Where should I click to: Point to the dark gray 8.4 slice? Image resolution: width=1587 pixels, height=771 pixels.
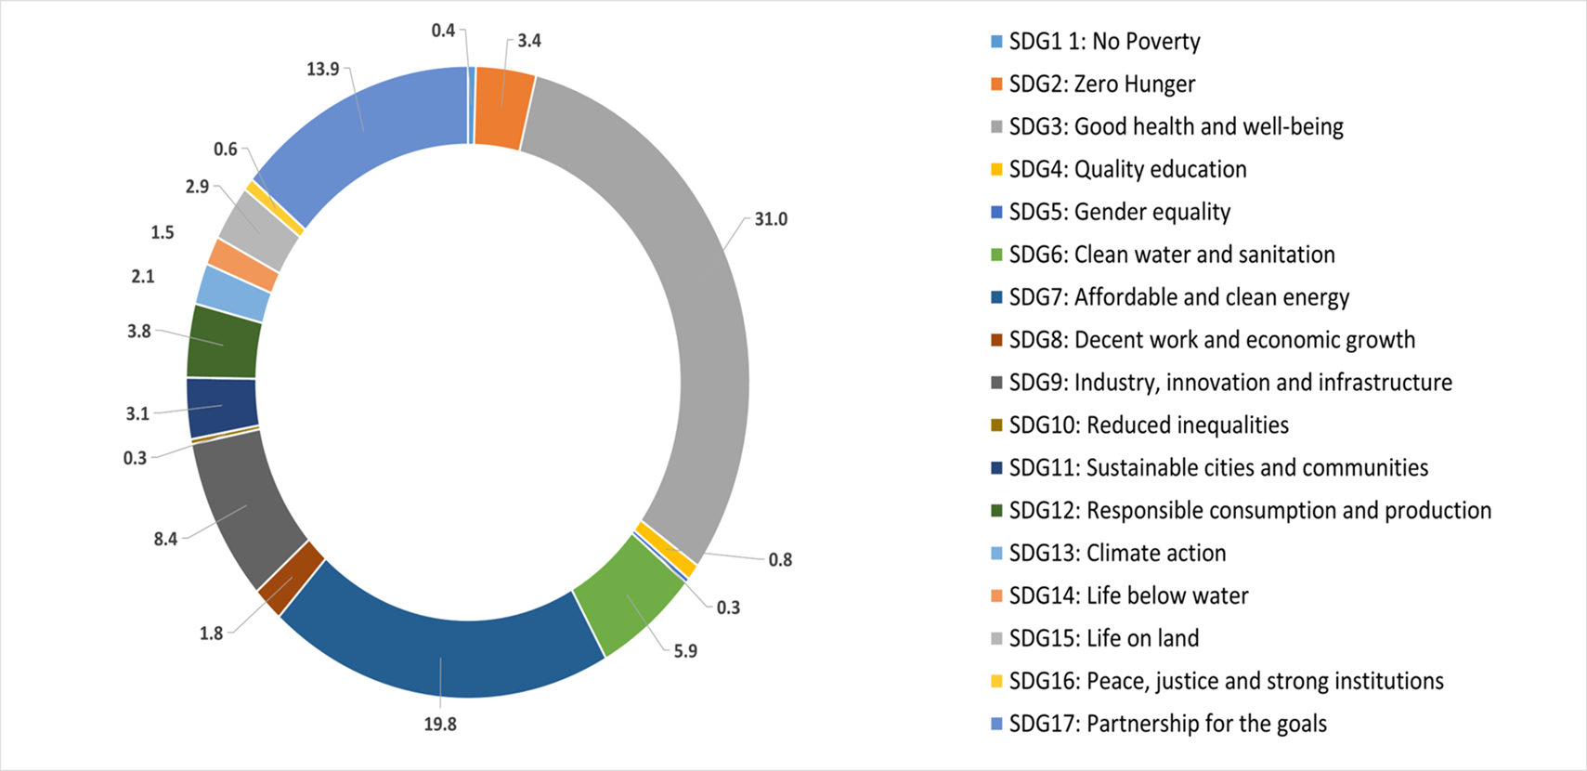246,506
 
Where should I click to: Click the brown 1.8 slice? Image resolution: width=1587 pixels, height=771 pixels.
291,579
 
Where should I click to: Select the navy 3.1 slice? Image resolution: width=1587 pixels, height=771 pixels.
221,407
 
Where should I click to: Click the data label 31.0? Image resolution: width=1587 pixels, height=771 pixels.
770,220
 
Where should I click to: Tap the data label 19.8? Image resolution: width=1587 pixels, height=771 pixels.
440,725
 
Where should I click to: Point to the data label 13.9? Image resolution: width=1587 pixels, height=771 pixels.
322,70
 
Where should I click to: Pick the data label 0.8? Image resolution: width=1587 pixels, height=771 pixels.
780,560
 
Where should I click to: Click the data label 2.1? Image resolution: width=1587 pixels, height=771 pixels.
143,277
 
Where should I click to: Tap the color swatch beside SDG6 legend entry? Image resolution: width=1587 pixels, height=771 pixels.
997,255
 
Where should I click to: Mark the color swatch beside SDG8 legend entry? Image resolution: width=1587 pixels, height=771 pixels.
997,341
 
